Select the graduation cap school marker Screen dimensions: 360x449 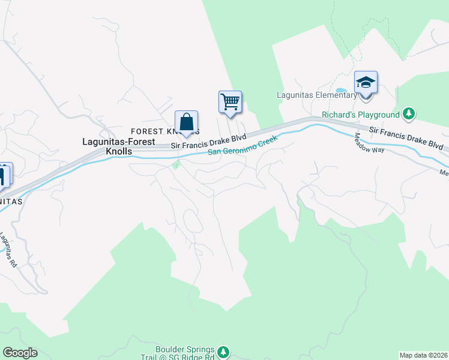(365, 83)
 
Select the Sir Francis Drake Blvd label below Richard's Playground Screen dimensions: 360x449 (406, 137)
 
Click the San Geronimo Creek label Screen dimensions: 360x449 (243, 146)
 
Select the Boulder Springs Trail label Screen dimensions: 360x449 (184, 352)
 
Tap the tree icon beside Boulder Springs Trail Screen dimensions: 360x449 (223, 351)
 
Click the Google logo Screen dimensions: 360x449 (20, 353)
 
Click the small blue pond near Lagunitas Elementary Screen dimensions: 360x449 (341, 91)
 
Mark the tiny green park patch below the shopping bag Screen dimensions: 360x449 (176, 164)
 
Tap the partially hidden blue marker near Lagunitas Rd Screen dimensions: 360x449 (4, 175)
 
